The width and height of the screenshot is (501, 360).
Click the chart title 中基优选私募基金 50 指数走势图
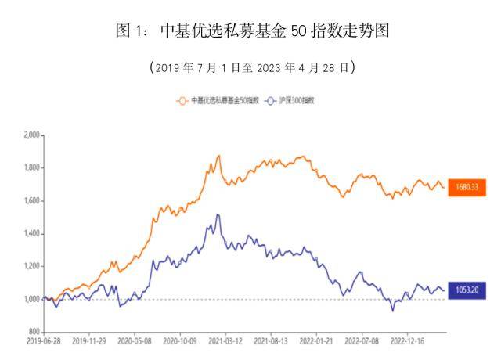click(x=250, y=32)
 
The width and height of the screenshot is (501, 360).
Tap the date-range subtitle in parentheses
click(x=250, y=67)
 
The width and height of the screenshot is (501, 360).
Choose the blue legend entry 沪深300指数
click(x=294, y=100)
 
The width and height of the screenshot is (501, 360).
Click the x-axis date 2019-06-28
click(x=44, y=342)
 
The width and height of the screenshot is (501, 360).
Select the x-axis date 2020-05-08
click(x=136, y=342)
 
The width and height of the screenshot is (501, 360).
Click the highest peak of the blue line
click(x=218, y=214)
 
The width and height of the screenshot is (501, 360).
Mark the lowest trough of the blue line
click(x=393, y=311)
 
